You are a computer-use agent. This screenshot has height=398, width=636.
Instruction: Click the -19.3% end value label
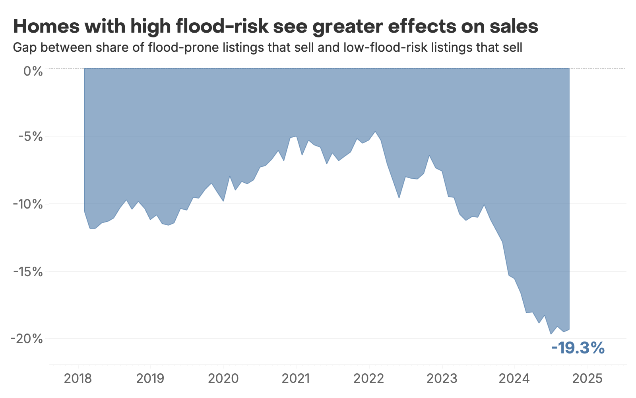point(578,348)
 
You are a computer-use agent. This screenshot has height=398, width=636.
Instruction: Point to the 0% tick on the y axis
point(33,72)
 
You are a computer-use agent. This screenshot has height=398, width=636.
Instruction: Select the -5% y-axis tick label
point(31,137)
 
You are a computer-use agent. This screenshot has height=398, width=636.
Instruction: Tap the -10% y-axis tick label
point(28,204)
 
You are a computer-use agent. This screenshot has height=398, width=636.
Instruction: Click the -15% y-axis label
point(28,272)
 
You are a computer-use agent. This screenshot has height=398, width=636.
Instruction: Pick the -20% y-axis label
point(27,339)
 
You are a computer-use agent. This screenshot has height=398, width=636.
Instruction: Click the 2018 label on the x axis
point(78,378)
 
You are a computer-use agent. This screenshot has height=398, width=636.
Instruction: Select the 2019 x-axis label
point(150,378)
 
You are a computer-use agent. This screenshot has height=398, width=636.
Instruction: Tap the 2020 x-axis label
point(223,378)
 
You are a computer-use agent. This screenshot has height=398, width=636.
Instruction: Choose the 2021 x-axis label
point(296,378)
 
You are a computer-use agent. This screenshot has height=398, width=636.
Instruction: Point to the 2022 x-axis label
point(369,378)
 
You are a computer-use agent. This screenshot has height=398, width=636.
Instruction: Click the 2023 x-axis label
point(442,378)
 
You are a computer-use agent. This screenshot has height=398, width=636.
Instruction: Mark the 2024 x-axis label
point(514,378)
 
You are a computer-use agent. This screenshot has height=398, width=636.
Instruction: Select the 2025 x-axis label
point(588,378)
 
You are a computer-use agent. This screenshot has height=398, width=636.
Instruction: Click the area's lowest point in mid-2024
point(551,334)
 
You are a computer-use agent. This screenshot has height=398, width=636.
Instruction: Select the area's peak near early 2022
point(375,132)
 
